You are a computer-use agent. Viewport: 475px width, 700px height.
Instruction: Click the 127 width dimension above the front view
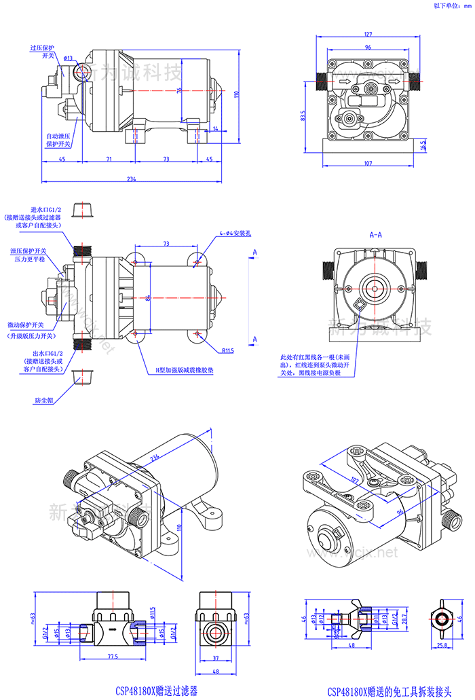coord(367,34)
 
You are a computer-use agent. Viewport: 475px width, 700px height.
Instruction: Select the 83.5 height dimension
coord(303,117)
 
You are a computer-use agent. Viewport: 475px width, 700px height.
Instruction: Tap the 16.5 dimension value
coord(423,144)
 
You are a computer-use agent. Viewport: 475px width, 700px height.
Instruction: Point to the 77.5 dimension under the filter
coord(112,657)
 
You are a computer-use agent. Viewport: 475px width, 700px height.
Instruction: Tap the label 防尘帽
coord(45,401)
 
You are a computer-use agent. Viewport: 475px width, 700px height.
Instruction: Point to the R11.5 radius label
coord(227,351)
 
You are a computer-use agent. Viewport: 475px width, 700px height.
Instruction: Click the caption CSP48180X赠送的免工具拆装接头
coord(389,691)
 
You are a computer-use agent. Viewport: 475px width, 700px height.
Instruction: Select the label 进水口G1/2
coord(47,210)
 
